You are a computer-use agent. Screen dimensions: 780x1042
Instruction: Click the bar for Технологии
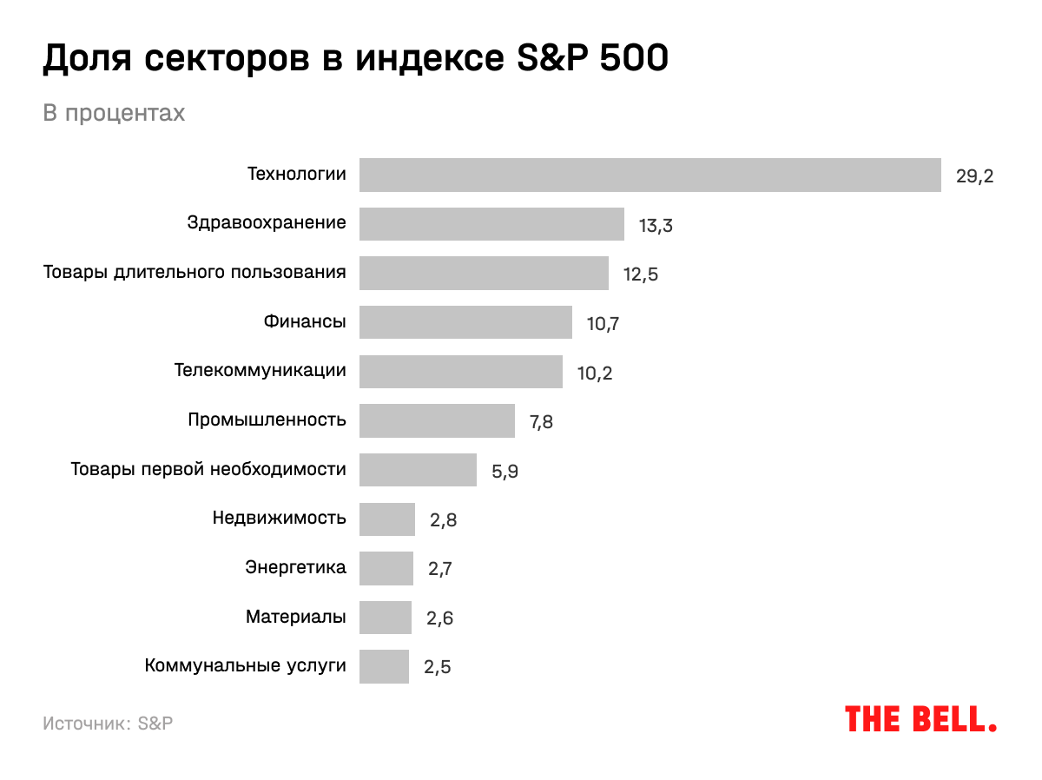(x=650, y=175)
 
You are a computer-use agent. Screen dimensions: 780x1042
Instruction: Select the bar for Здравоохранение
(x=491, y=224)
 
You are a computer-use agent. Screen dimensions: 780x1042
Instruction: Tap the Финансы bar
(x=465, y=322)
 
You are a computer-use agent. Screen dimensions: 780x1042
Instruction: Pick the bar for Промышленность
(x=437, y=420)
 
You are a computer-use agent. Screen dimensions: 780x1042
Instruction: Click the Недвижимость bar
(x=387, y=519)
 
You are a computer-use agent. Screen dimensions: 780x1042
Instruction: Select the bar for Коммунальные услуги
(x=384, y=667)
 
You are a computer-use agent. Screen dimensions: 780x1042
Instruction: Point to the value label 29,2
(x=974, y=176)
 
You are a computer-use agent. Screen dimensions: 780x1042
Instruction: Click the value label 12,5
(x=641, y=274)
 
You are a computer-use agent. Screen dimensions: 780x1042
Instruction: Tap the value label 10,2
(x=595, y=373)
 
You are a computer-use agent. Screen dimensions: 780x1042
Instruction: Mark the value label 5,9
(x=505, y=472)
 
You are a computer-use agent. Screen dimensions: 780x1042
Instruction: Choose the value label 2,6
(x=439, y=618)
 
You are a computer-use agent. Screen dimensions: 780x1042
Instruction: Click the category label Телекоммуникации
(x=260, y=371)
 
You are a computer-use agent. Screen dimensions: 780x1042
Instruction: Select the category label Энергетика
(x=295, y=568)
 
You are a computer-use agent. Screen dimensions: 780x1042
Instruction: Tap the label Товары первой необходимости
(x=208, y=470)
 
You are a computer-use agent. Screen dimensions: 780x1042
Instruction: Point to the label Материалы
(x=295, y=618)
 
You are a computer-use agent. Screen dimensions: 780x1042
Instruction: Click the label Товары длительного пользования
(x=195, y=273)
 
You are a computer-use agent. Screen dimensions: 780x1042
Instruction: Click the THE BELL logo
(x=920, y=719)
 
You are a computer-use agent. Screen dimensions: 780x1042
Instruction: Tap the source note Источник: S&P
(x=108, y=724)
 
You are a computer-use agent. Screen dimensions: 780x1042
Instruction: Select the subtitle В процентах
(x=114, y=114)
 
